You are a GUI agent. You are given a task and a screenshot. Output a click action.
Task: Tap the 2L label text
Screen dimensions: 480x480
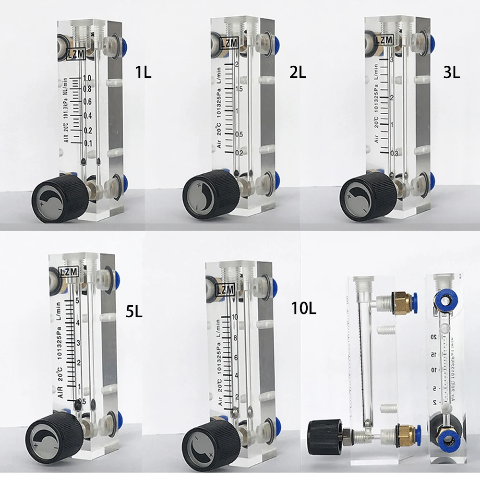point(298,72)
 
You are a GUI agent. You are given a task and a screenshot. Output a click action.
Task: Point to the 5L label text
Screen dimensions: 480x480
point(134,312)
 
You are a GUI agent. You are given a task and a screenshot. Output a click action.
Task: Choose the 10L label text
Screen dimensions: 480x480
point(303,308)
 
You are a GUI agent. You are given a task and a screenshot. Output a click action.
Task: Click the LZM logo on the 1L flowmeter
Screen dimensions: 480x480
point(77,54)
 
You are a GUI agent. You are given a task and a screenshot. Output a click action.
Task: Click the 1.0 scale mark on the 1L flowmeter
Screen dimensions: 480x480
point(87,78)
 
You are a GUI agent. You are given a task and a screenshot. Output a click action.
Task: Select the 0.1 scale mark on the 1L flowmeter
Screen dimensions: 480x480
point(88,144)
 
